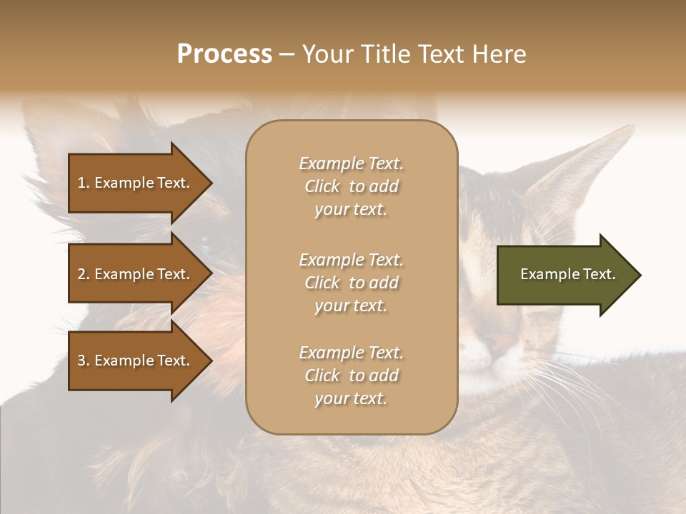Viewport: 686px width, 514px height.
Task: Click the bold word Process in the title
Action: click(224, 54)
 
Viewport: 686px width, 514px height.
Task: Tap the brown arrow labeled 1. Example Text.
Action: click(136, 183)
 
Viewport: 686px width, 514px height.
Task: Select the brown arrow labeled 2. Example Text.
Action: click(136, 274)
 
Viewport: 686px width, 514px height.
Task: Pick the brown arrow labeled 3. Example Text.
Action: click(136, 361)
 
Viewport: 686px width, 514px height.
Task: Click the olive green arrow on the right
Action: click(565, 274)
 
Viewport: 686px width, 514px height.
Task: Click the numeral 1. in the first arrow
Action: click(84, 183)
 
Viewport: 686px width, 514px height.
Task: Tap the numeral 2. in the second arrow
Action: click(84, 274)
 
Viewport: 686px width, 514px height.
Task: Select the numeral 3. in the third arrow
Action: click(84, 361)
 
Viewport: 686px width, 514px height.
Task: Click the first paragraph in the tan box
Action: click(351, 186)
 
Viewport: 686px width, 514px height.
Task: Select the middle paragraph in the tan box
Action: click(351, 283)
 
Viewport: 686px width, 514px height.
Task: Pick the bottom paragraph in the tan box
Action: click(351, 376)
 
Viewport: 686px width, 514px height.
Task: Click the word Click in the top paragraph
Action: click(322, 186)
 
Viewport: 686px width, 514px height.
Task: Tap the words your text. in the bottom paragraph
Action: click(351, 398)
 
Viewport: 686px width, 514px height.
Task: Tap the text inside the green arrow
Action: click(567, 274)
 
